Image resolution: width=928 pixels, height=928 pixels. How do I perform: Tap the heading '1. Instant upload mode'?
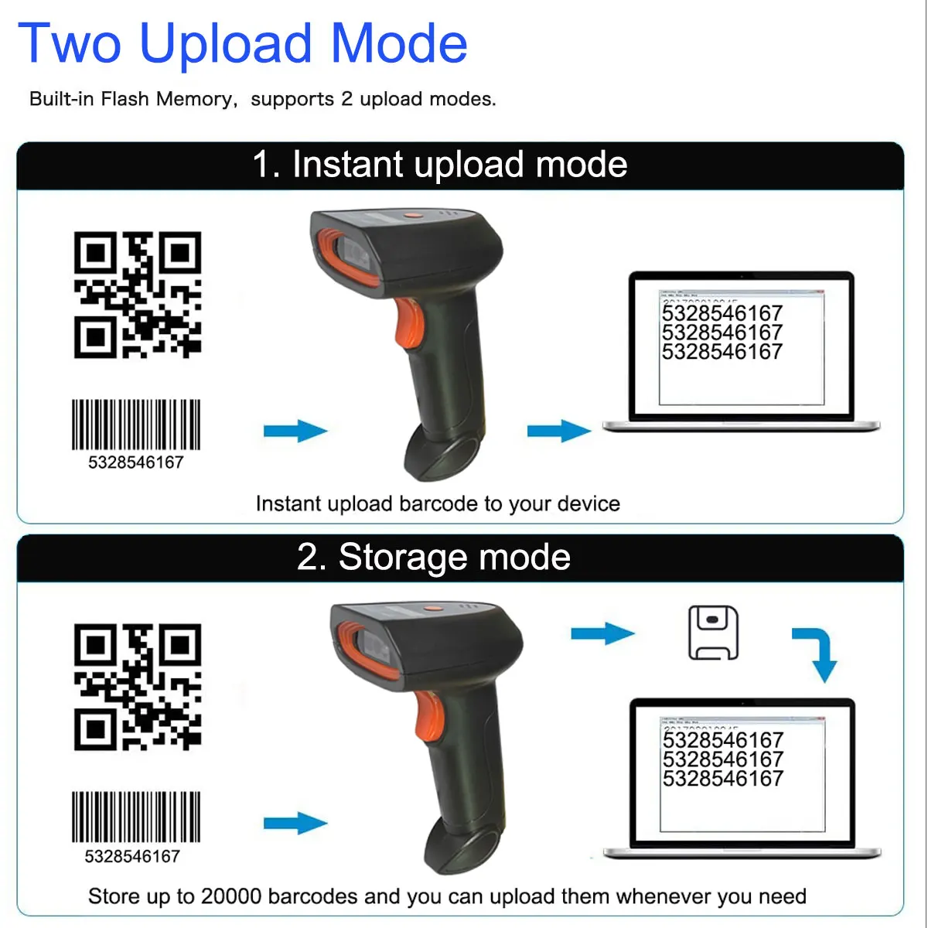pos(439,165)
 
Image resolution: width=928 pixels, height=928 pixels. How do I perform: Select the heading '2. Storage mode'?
pos(434,557)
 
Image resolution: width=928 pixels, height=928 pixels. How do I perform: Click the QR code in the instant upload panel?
pos(137,295)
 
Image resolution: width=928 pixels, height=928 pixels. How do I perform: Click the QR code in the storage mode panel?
pos(137,687)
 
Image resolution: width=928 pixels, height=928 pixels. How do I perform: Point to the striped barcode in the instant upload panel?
pos(136,425)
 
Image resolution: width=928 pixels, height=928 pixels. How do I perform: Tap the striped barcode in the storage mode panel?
pos(136,817)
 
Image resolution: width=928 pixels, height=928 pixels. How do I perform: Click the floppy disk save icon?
pos(713,633)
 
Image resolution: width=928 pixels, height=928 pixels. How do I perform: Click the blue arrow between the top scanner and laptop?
pos(558,431)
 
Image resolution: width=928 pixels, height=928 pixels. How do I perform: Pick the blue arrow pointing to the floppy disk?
pos(602,633)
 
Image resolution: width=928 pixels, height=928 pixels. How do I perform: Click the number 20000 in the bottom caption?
pos(230,896)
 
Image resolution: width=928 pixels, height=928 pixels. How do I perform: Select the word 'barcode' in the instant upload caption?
pos(438,504)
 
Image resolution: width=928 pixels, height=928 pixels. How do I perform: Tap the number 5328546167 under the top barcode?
pos(136,462)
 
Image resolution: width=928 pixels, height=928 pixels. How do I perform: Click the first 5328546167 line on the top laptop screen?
pos(722,313)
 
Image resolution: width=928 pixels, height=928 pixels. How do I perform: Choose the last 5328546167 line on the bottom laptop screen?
pos(723,779)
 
